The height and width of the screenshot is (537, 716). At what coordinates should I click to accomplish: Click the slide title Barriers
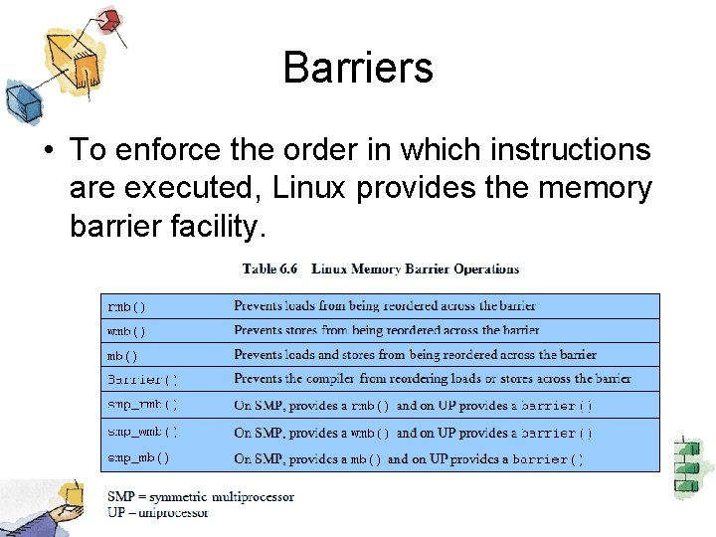358,68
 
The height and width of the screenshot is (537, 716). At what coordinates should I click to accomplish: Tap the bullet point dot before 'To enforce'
49,151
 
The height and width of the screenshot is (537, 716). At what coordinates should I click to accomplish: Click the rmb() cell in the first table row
126,307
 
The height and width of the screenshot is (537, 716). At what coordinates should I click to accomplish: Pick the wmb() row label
126,331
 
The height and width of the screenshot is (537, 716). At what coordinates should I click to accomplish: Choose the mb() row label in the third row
122,355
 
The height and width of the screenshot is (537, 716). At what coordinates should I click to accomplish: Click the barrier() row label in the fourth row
142,379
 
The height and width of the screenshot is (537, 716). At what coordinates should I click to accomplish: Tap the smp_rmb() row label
142,405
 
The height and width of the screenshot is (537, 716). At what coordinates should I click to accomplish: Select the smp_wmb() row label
142,432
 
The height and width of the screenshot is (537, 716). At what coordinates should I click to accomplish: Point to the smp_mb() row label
138,458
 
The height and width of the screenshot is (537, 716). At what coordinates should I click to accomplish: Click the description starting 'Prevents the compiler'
432,379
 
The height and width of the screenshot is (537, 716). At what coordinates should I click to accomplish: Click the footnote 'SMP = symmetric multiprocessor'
201,497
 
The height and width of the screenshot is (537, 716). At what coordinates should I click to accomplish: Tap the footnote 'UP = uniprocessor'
158,512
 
